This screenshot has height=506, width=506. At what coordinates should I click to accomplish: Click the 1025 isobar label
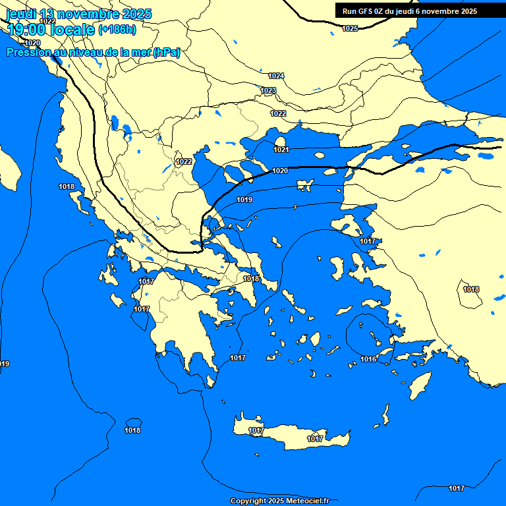[x=350, y=28]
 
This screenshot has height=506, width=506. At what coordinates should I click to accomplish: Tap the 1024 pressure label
[x=276, y=76]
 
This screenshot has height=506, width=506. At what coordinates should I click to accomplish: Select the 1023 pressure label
[x=268, y=90]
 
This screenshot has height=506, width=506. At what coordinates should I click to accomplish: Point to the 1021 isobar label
[x=281, y=150]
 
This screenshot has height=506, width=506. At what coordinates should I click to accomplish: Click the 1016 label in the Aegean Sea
[x=369, y=359]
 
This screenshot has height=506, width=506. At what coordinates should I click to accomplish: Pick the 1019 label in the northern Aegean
[x=244, y=200]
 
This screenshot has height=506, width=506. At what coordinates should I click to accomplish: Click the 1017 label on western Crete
[x=256, y=430]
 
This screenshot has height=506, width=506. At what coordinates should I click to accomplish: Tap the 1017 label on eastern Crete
[x=315, y=439]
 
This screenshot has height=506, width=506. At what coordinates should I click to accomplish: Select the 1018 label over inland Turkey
[x=471, y=289]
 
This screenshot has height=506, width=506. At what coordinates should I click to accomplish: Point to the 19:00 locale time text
[x=51, y=30]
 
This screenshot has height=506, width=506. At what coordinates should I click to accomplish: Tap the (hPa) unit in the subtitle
[x=167, y=53]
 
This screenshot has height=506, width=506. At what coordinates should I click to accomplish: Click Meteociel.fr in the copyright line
[x=308, y=501]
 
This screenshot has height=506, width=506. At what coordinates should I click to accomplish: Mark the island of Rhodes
[x=420, y=385]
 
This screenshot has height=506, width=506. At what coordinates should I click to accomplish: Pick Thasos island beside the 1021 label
[x=280, y=141]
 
